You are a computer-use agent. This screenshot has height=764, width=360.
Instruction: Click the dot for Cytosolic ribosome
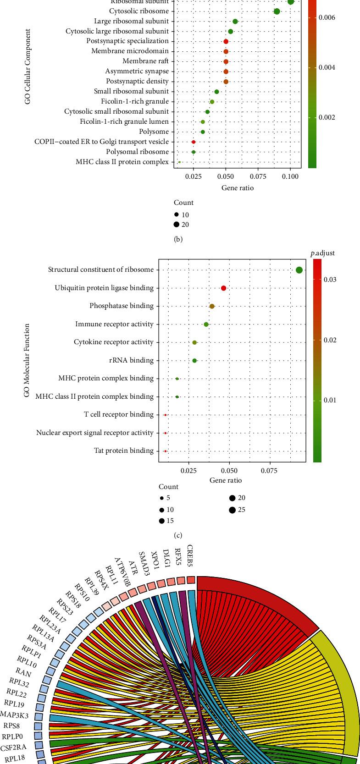277,11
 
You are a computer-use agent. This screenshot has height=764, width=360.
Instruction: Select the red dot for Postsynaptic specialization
226,41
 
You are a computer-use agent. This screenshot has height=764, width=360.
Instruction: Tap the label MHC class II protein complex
122,162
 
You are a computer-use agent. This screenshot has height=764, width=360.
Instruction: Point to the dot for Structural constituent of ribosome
299,270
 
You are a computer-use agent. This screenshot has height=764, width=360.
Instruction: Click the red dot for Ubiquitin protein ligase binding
223,288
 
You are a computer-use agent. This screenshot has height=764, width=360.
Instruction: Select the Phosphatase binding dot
212,306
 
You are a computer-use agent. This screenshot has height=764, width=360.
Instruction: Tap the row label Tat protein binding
124,451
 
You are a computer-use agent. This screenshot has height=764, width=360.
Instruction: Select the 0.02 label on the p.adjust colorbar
331,340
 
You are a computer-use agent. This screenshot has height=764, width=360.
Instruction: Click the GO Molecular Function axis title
28,360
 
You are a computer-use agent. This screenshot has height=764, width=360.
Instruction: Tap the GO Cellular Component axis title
28,67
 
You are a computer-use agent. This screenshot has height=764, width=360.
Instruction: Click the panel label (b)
178,239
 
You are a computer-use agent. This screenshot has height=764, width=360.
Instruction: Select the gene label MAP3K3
16,714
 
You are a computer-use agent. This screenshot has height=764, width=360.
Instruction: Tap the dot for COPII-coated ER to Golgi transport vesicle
194,142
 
